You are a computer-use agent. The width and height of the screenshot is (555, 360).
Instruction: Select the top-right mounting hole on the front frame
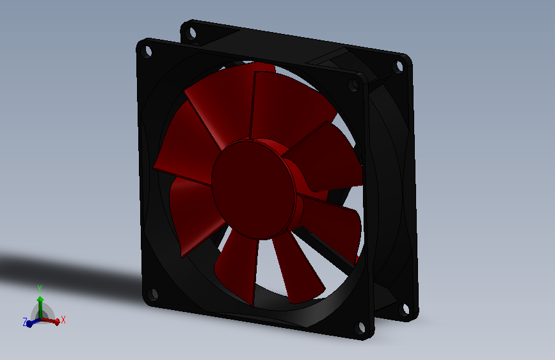[x=353, y=85]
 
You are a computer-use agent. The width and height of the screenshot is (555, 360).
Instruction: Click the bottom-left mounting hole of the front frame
[x=153, y=294]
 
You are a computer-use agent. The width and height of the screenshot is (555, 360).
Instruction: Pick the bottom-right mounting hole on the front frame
[x=360, y=327]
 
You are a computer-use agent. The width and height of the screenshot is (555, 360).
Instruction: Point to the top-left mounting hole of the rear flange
[x=191, y=33]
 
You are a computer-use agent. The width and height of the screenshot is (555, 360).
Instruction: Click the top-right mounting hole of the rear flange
[x=399, y=66]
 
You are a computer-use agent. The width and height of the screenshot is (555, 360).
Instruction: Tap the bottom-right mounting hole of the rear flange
[x=405, y=309]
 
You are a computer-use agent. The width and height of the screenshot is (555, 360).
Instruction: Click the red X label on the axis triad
[x=63, y=320]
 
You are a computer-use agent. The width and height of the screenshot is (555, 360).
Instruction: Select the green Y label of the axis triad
[x=40, y=288]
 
